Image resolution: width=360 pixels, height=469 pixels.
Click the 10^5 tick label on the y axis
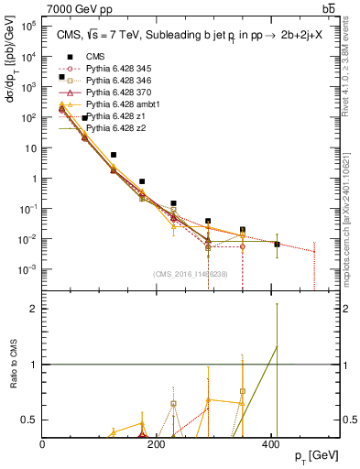(29, 27)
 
